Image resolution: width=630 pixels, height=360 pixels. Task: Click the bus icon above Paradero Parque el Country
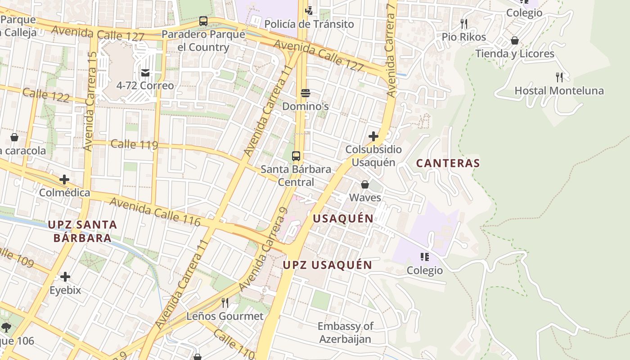tap(203, 21)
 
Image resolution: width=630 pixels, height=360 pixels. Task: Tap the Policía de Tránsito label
tap(309, 24)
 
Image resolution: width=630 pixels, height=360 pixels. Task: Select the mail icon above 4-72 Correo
tap(145, 72)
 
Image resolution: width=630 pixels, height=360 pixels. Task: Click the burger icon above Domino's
tap(306, 93)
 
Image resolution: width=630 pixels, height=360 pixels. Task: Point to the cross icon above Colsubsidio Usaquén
tap(373, 136)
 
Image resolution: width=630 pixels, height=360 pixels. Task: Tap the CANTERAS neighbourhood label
tap(448, 163)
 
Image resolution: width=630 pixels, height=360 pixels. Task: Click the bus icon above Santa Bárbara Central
tap(296, 156)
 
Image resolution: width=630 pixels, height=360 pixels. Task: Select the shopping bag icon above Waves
tap(365, 184)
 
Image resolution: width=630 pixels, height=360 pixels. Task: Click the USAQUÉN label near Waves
tap(343, 219)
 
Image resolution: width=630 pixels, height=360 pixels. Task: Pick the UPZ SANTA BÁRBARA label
tap(82, 231)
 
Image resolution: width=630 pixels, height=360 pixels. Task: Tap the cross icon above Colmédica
tap(64, 180)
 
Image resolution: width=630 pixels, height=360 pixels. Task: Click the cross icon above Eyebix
tap(65, 276)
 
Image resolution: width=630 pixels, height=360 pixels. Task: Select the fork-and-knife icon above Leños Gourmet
tap(225, 302)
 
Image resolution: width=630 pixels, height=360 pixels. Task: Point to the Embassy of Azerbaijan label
tap(345, 333)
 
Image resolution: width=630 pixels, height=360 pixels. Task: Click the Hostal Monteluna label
tap(559, 90)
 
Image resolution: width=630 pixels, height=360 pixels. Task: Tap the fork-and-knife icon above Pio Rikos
tap(464, 23)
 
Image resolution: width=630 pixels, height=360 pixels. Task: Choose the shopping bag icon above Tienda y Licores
tap(515, 40)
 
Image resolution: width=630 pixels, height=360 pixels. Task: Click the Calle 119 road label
tap(134, 144)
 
